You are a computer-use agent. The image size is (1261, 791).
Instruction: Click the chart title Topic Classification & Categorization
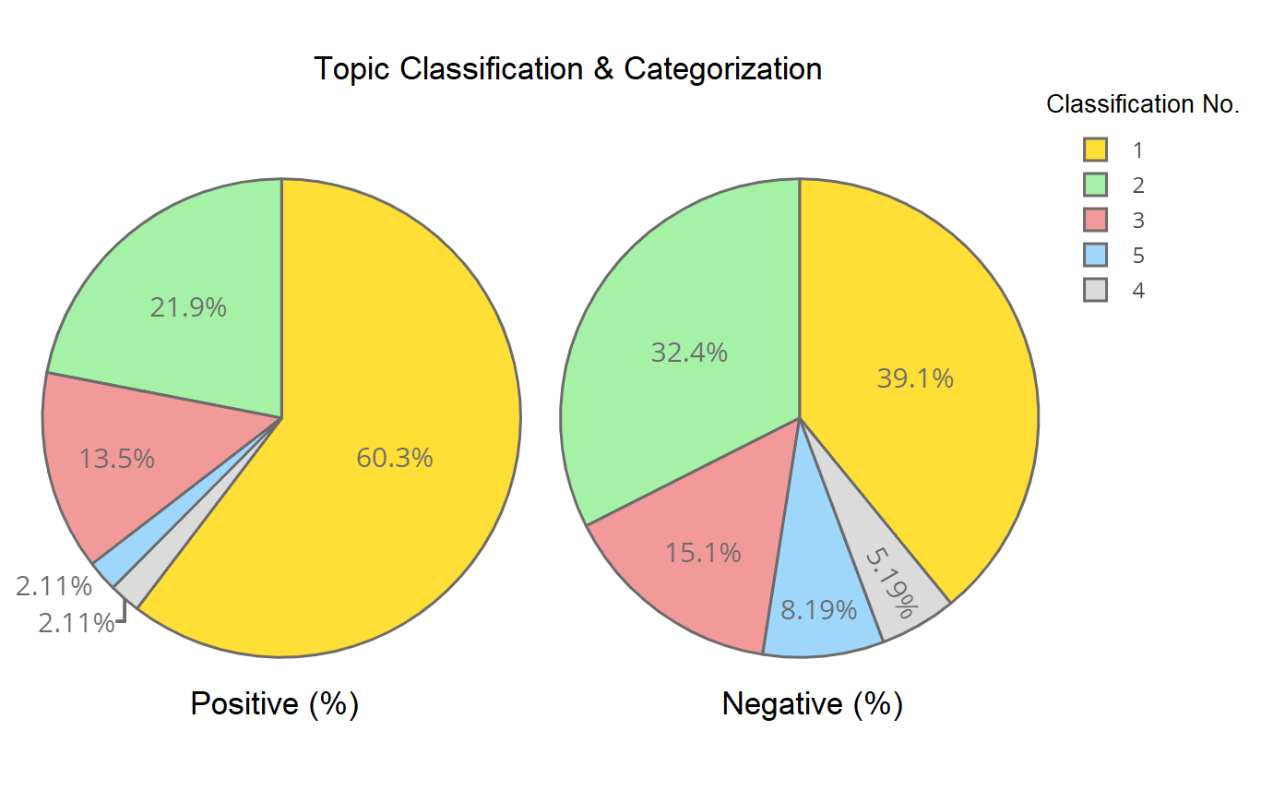(x=567, y=69)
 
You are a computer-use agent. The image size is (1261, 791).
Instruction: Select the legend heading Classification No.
(x=1142, y=105)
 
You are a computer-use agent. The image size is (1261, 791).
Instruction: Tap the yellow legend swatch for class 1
(x=1095, y=150)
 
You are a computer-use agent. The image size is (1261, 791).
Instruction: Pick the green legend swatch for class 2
(x=1095, y=185)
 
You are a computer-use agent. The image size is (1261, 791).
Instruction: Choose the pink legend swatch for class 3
(x=1095, y=220)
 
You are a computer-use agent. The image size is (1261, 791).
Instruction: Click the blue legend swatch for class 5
(x=1095, y=255)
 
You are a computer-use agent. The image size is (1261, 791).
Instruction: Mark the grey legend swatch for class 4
(x=1095, y=290)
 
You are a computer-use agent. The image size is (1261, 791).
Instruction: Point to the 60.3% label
(x=395, y=458)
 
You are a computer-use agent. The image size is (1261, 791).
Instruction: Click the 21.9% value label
(x=188, y=307)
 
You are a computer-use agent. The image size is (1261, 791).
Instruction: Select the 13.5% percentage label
(x=116, y=459)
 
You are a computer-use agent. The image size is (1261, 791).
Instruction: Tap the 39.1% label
(x=915, y=378)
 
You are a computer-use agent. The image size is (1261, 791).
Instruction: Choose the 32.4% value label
(x=689, y=353)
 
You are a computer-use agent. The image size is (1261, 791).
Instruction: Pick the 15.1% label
(x=703, y=553)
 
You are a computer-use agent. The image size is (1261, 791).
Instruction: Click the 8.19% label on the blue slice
(x=819, y=610)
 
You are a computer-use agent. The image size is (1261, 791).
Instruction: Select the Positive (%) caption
(x=274, y=704)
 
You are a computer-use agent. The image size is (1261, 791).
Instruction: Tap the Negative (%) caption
(x=812, y=704)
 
